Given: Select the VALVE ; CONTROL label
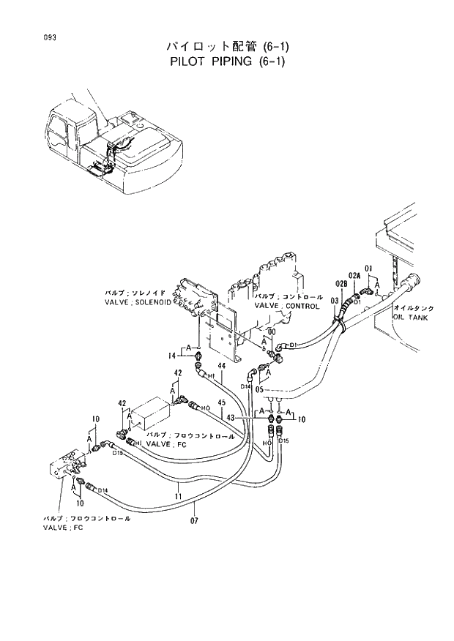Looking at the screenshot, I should (x=287, y=306).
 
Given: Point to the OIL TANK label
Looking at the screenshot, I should (x=410, y=318).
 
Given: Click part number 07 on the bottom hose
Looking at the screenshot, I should (x=195, y=521).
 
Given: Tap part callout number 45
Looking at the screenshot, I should (x=222, y=401).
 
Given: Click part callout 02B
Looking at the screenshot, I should (x=340, y=283).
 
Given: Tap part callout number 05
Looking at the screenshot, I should (x=269, y=390).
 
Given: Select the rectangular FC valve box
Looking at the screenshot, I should (x=150, y=416).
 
